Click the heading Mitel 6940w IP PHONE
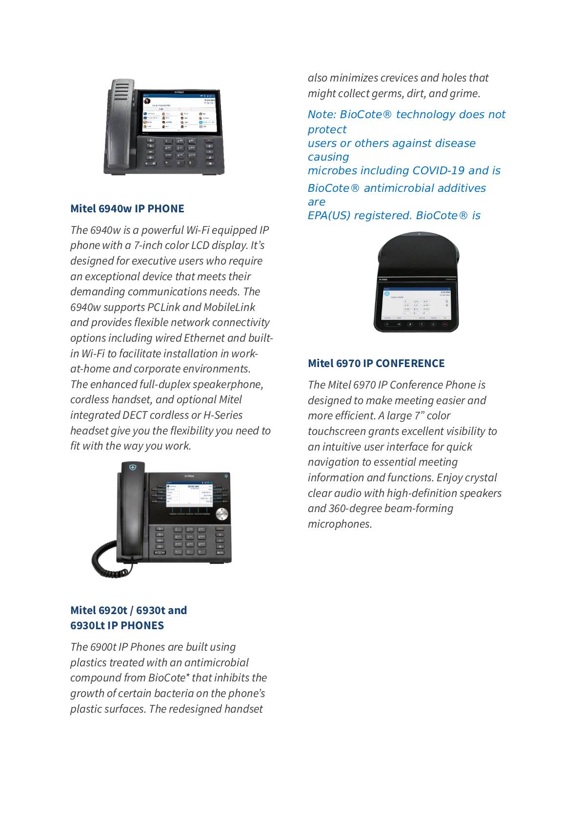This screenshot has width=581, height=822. pos(127,208)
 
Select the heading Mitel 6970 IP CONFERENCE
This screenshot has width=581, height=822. pos(376,363)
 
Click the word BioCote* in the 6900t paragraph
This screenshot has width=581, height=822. pos(169,678)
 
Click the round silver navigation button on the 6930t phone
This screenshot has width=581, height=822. pos(222,514)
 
